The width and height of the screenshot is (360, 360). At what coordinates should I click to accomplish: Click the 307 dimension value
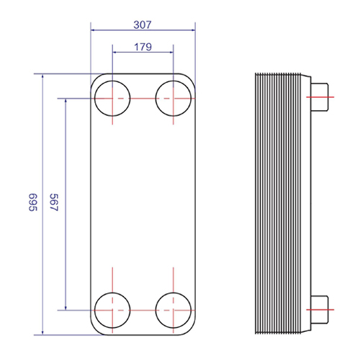(143, 24)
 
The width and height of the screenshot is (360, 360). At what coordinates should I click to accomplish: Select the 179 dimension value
(143, 47)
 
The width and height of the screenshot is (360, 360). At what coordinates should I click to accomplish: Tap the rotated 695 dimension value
(33, 202)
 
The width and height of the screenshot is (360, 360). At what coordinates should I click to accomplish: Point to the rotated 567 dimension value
(54, 202)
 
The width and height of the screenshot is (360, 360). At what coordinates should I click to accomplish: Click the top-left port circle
(94, 99)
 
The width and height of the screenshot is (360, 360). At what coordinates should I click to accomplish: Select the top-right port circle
(156, 99)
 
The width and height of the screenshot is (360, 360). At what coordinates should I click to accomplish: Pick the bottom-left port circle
(94, 310)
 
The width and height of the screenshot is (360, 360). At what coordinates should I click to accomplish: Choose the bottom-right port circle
(156, 310)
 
